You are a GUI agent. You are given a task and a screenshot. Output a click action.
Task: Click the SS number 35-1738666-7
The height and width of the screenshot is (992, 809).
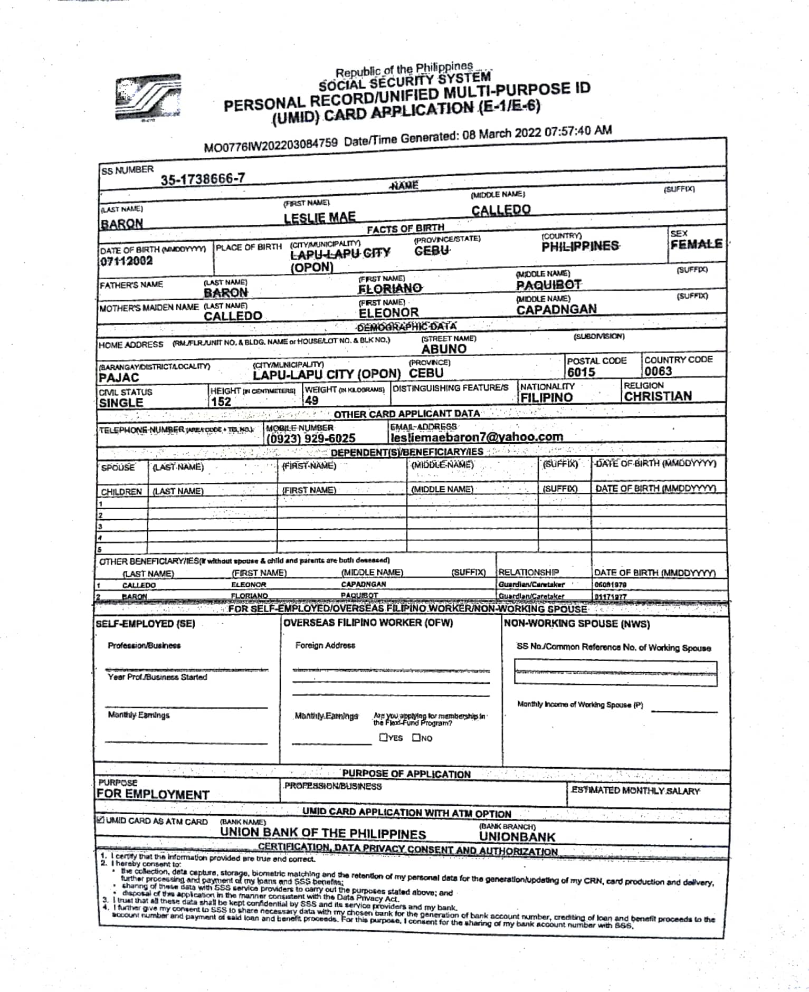(x=203, y=179)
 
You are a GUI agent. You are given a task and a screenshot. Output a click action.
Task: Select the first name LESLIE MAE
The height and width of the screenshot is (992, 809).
(x=319, y=217)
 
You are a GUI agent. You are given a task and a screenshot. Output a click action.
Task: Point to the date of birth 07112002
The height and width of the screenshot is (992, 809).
(x=126, y=261)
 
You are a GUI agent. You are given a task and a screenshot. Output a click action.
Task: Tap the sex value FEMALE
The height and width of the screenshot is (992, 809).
(x=696, y=244)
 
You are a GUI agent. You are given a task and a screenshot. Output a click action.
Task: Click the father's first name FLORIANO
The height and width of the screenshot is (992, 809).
(x=390, y=289)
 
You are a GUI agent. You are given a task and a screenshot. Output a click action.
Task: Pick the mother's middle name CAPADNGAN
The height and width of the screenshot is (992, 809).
(x=556, y=310)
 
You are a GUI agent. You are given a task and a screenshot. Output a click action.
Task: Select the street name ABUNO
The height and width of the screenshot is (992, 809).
(x=444, y=349)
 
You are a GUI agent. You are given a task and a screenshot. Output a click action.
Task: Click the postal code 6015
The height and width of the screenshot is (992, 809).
(x=581, y=372)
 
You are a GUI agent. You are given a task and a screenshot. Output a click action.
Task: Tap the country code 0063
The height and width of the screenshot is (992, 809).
(x=658, y=371)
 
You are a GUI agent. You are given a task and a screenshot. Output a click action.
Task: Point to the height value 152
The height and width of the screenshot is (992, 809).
(x=221, y=402)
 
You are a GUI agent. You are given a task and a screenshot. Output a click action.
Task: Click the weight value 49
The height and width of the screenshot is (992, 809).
(x=311, y=400)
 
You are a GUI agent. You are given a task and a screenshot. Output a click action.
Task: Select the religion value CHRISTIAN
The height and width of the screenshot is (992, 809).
(x=658, y=396)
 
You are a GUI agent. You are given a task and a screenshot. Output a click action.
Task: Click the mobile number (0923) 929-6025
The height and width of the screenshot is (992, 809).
(x=311, y=438)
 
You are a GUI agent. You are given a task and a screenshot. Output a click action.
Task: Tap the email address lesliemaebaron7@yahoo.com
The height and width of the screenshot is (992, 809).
(x=477, y=437)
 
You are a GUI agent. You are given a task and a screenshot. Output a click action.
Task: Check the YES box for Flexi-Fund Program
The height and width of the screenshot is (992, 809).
(x=384, y=738)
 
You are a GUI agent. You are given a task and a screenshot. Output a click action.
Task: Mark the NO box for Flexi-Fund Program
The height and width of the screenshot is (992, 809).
(x=416, y=738)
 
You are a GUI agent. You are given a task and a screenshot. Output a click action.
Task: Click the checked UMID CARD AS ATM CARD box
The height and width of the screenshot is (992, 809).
(x=100, y=820)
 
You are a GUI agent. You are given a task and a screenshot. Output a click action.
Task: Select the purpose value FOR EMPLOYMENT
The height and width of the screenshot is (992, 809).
(x=153, y=795)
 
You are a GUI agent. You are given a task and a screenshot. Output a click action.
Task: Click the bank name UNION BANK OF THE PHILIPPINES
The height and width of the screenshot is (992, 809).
(x=323, y=834)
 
